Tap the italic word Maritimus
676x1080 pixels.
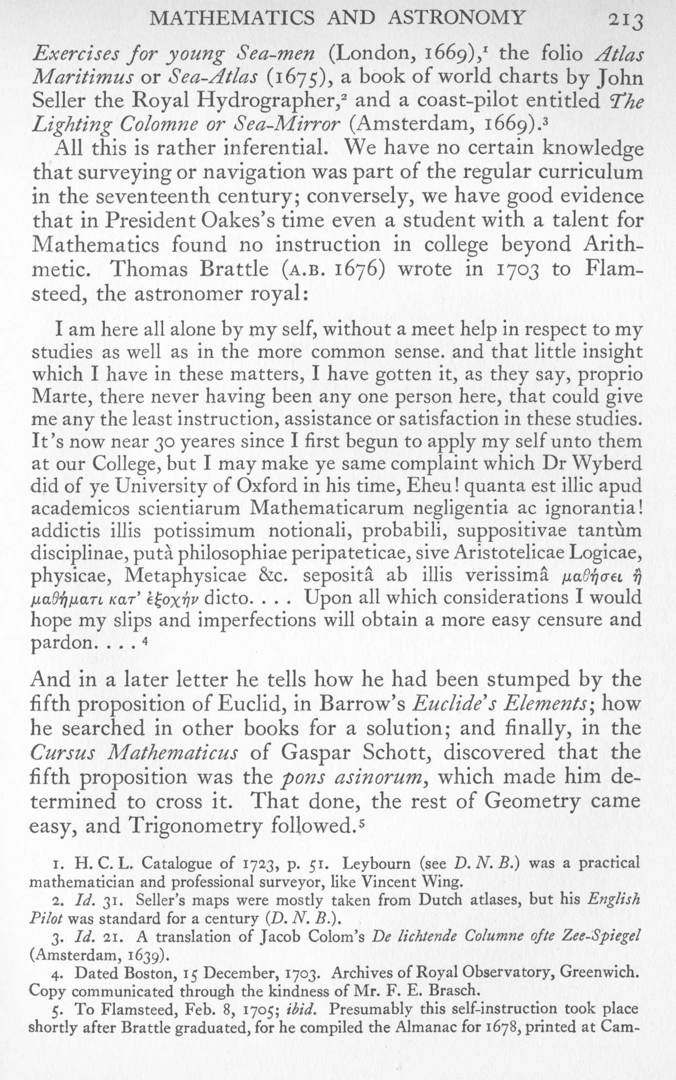80,77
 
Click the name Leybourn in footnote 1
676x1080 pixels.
375,863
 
